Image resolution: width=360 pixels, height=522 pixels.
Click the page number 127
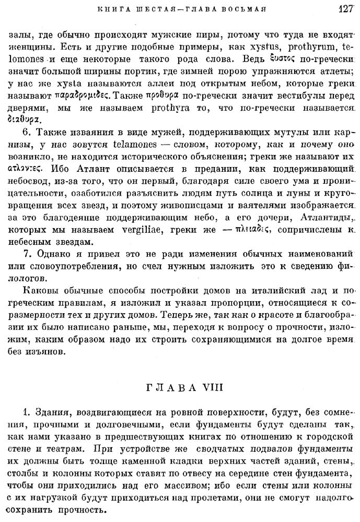click(x=346, y=9)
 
